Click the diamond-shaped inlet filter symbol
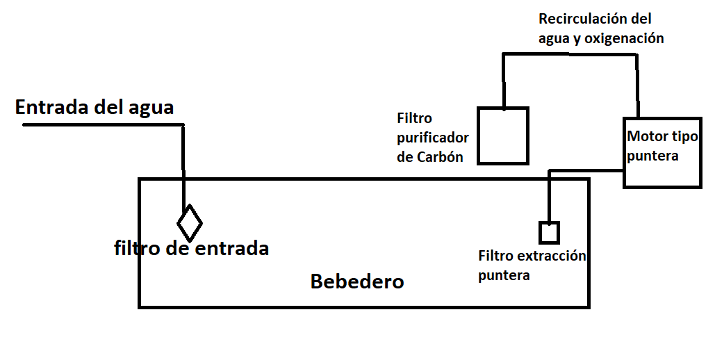[189, 223]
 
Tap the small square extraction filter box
[549, 232]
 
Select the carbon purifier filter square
[503, 136]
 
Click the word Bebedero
[357, 282]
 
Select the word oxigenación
[624, 39]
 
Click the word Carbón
[440, 157]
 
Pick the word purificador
[433, 138]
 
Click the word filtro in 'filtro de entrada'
[136, 248]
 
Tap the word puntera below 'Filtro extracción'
[504, 276]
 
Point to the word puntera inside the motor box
[652, 156]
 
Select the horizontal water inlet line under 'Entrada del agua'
[104, 125]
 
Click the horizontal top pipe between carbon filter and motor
[570, 54]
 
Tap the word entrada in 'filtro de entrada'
[233, 248]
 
